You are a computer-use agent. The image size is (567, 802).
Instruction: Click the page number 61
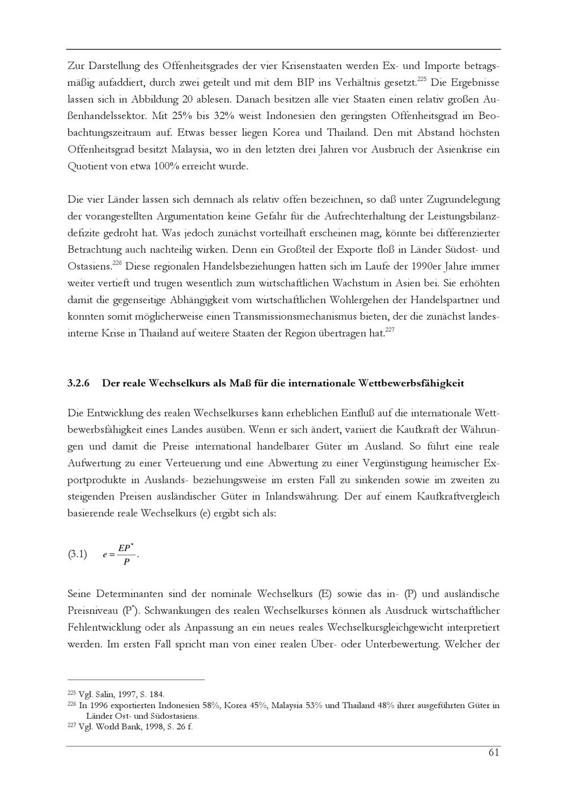(x=493, y=753)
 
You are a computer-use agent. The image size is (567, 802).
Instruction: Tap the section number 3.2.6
(x=79, y=383)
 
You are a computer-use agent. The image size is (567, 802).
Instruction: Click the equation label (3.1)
(x=77, y=554)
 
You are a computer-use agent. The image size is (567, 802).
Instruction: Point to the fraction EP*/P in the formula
(x=126, y=554)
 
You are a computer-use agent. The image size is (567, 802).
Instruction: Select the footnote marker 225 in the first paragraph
(x=421, y=79)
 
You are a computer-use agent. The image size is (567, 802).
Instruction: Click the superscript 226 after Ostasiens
(x=117, y=263)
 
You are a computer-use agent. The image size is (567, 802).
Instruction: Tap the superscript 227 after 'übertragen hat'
(x=390, y=330)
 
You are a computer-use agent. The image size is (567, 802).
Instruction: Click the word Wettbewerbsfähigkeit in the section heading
(x=411, y=383)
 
